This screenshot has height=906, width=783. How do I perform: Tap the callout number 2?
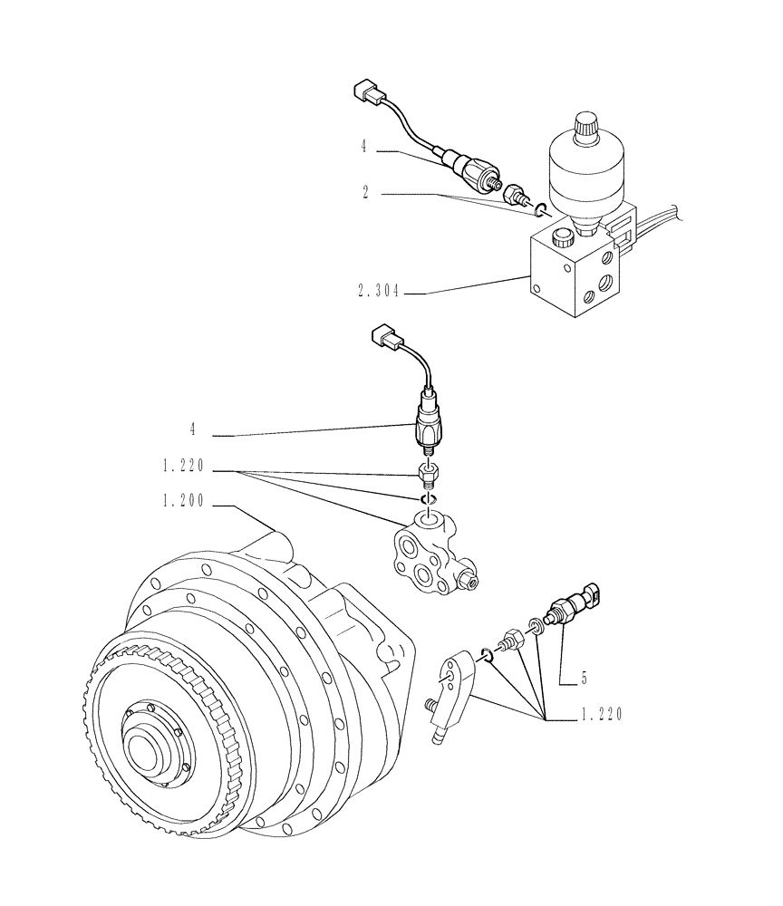point(365,193)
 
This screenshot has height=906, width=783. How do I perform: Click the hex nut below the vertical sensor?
point(429,473)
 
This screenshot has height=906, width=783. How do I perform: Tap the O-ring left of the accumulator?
point(541,211)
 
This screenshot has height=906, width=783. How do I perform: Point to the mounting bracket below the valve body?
point(454,695)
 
